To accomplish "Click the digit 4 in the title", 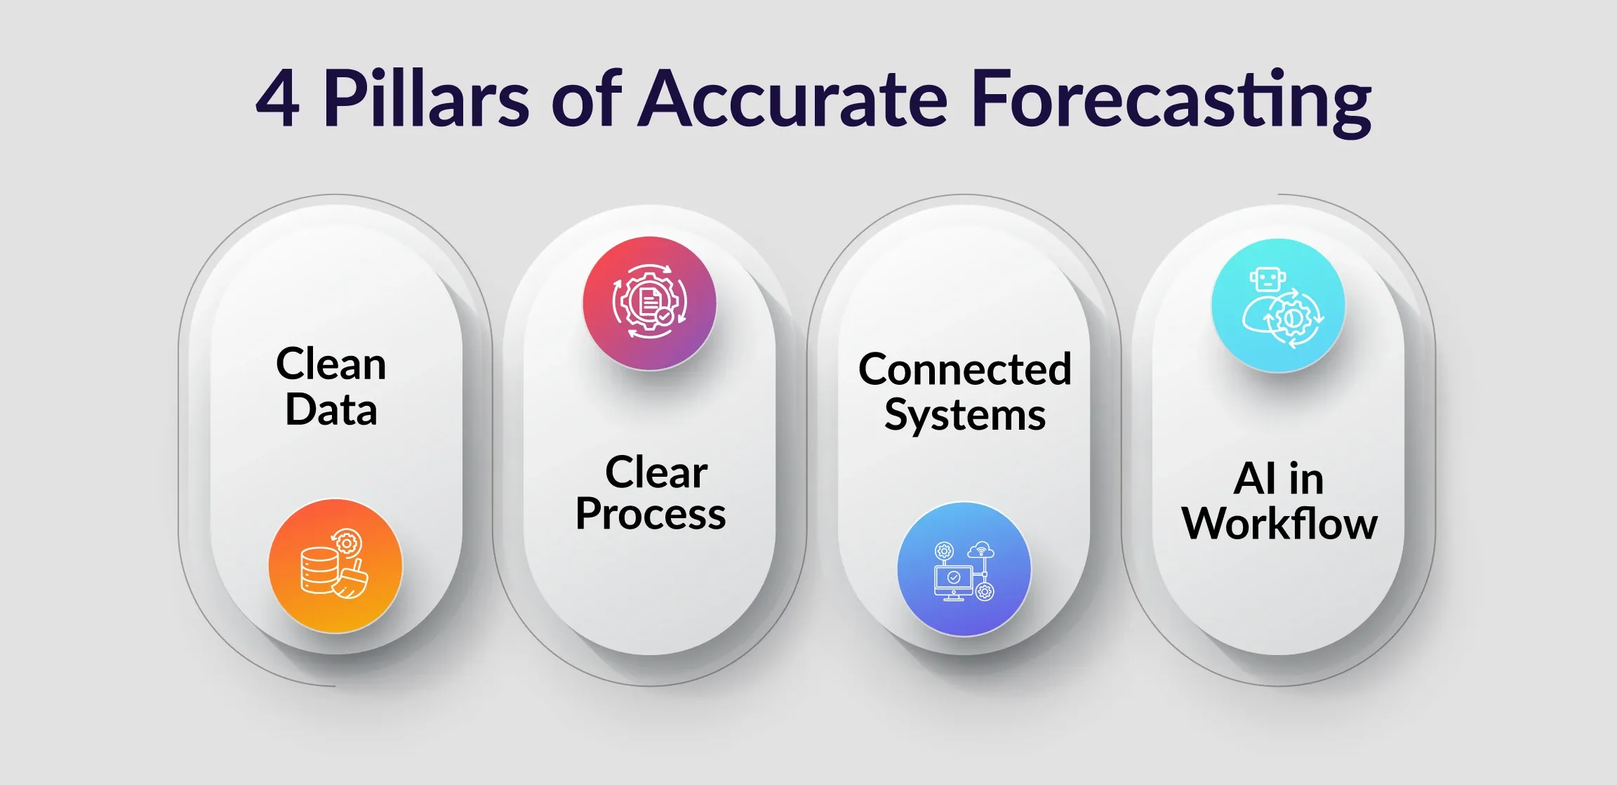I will click(x=278, y=99).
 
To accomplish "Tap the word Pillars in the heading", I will click(x=426, y=99).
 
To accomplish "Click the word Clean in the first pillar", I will click(x=331, y=364).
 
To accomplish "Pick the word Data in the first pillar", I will click(x=331, y=410).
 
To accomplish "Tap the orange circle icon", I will click(x=335, y=566).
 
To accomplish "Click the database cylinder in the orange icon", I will click(x=317, y=570).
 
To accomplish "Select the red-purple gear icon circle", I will click(x=649, y=303).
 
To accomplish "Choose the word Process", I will click(x=651, y=514).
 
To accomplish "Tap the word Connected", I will click(x=965, y=369).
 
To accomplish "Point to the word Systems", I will click(x=965, y=415).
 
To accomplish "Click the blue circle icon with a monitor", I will click(x=964, y=569).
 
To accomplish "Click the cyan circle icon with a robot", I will click(x=1278, y=305).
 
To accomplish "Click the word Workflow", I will click(x=1279, y=524).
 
